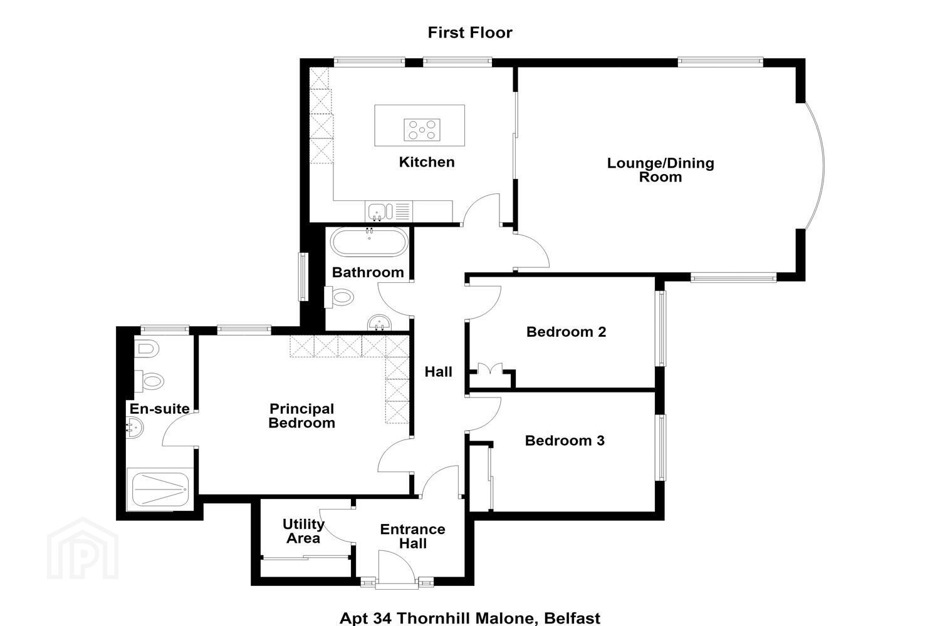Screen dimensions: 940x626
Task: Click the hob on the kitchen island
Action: [422, 130]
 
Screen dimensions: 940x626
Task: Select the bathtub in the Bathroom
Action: [369, 242]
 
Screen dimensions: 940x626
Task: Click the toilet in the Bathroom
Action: [340, 297]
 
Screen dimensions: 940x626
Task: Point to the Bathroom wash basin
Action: [379, 323]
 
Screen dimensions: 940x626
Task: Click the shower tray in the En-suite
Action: [160, 490]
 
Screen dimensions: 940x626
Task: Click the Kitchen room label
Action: [427, 162]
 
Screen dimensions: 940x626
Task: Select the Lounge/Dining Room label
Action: [661, 170]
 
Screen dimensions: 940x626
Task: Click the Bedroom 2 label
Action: [566, 332]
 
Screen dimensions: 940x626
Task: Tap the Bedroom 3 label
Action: [565, 441]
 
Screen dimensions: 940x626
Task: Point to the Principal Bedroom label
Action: [301, 416]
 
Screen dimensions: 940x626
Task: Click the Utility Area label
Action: [303, 531]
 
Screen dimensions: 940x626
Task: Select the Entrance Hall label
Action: [413, 536]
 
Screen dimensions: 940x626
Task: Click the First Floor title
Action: [470, 33]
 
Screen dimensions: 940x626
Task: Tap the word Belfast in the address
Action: [572, 618]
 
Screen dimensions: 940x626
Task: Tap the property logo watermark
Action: [83, 549]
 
